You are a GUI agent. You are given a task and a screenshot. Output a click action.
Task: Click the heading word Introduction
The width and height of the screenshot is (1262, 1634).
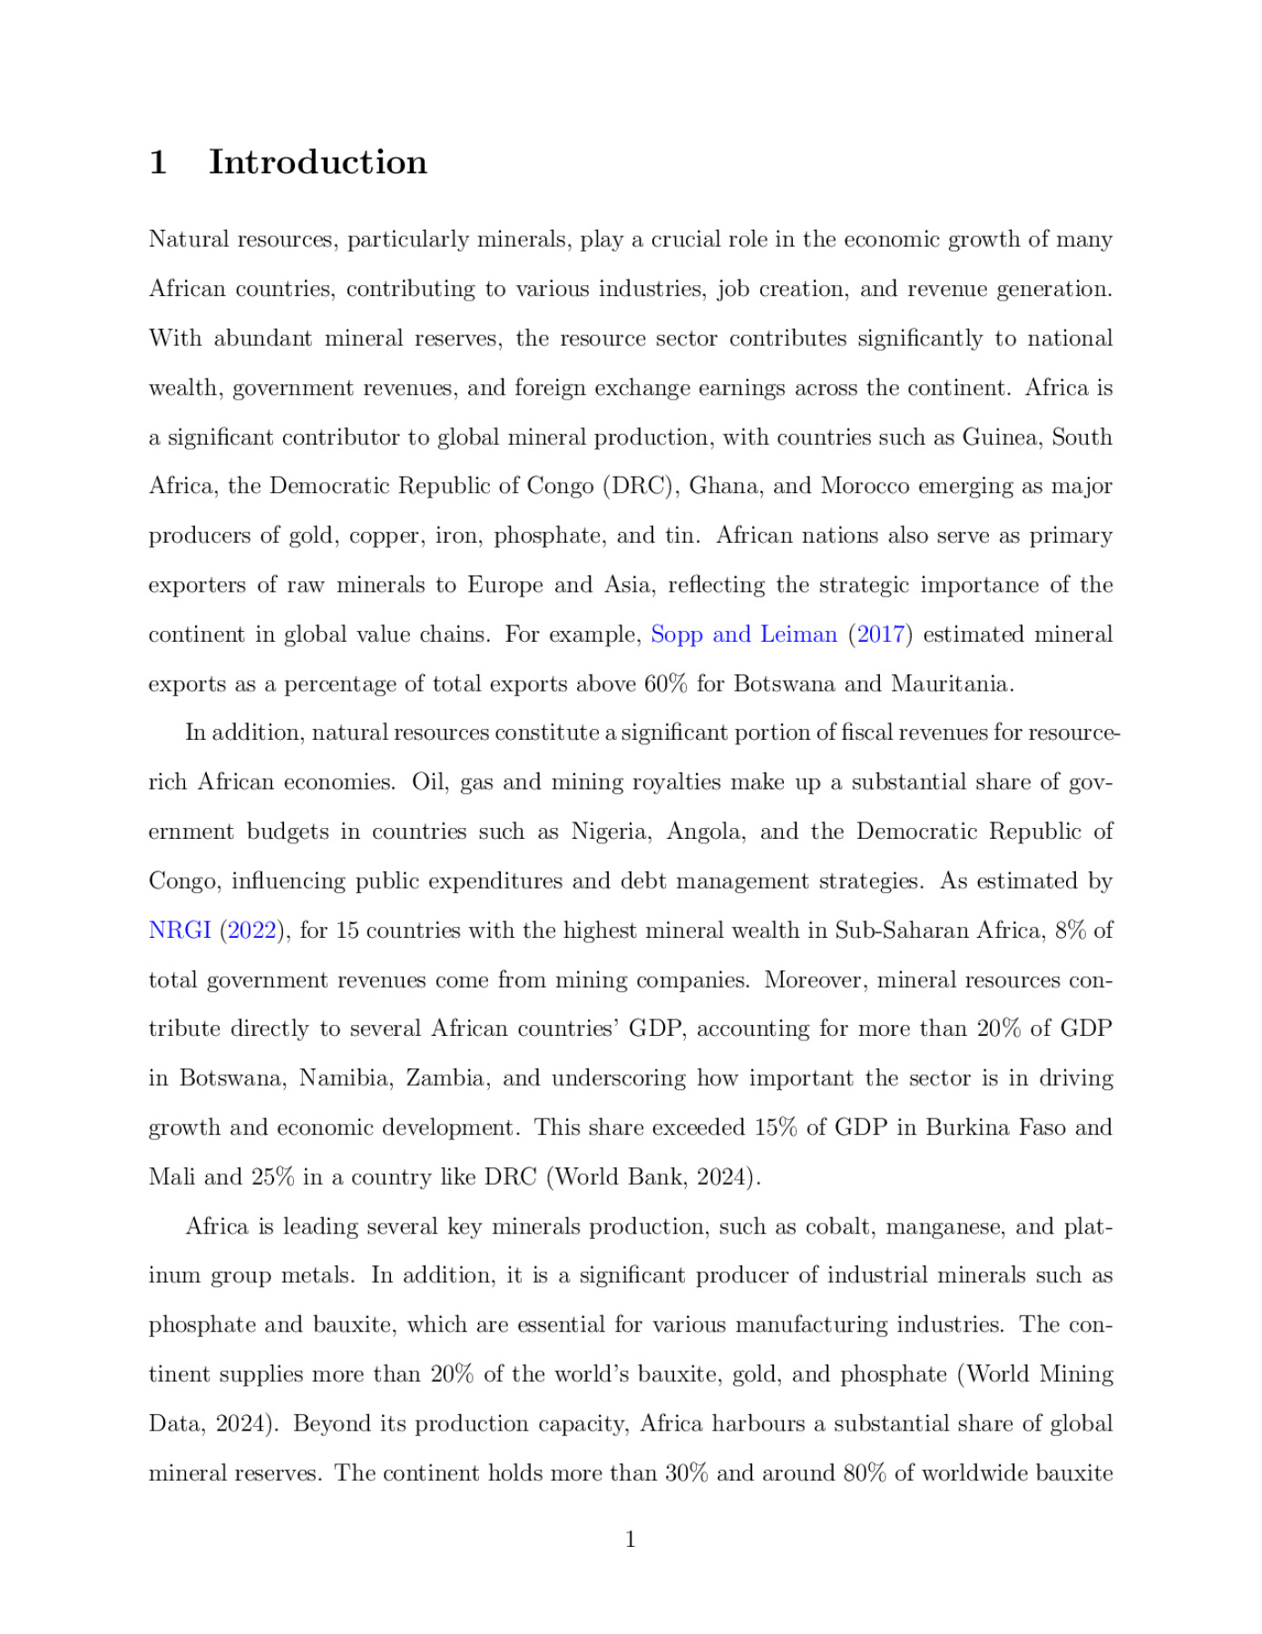(x=318, y=162)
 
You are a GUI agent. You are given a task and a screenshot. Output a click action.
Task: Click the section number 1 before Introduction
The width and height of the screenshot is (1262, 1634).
(x=158, y=162)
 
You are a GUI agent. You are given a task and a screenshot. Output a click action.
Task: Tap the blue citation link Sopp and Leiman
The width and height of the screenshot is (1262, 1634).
(x=744, y=635)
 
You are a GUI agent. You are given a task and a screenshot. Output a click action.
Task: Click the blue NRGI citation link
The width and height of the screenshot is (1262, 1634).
(x=180, y=930)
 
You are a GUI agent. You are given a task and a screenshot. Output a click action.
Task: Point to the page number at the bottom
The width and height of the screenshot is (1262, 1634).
(x=631, y=1540)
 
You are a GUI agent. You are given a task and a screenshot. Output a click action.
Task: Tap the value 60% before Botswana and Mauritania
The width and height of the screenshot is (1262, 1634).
(x=665, y=684)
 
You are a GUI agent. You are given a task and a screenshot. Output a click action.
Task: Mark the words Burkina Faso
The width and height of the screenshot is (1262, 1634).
(x=995, y=1127)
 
